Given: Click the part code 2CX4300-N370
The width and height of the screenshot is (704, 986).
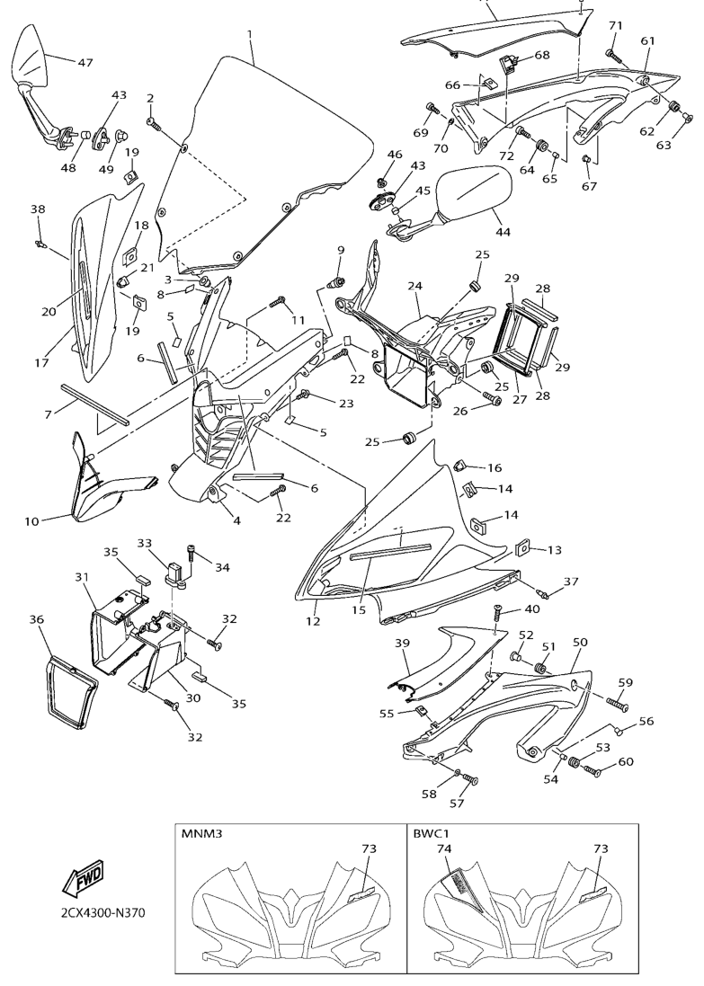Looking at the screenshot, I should (91, 913).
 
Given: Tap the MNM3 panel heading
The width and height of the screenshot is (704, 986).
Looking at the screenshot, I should (201, 834).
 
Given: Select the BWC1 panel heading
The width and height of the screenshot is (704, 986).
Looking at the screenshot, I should (430, 834).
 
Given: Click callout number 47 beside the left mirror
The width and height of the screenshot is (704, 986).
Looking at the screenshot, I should (85, 62).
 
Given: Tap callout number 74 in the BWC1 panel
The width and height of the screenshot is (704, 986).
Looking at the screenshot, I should (443, 848).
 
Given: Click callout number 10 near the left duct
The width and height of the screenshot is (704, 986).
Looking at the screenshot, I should (32, 520).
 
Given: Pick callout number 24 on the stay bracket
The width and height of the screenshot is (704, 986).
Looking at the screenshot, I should (414, 286).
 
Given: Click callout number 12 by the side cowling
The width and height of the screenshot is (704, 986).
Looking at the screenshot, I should (314, 621).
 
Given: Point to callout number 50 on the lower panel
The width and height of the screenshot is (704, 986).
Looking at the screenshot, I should (580, 643).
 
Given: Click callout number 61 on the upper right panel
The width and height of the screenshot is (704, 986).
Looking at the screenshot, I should (647, 40).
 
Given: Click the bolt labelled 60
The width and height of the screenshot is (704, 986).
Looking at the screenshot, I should (593, 770).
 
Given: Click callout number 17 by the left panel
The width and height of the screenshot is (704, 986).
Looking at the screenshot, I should (42, 363).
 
